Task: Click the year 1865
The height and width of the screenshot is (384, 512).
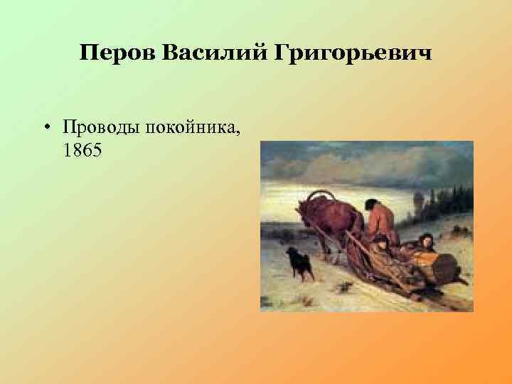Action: [82, 151]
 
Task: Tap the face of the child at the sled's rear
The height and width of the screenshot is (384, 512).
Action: [426, 240]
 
